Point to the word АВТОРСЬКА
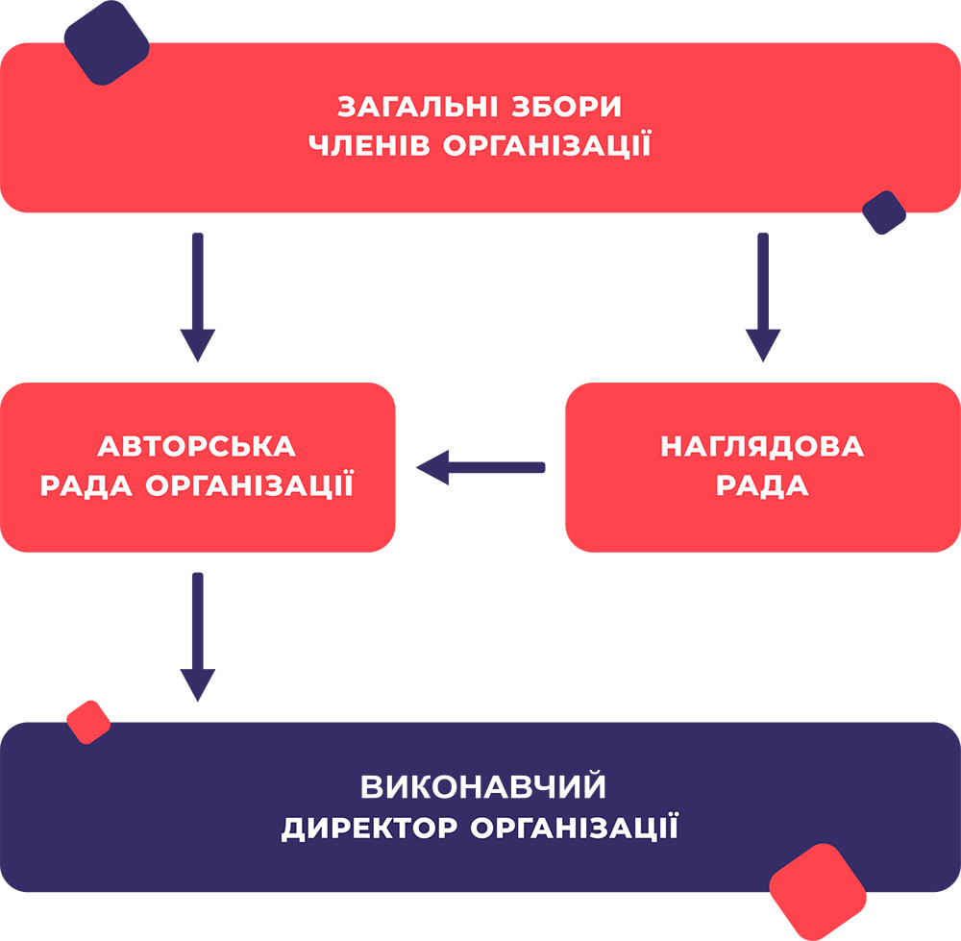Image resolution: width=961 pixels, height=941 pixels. (x=197, y=447)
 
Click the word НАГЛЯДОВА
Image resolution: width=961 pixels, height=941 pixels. (x=762, y=447)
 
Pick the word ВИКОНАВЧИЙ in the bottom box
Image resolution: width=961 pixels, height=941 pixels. (x=483, y=786)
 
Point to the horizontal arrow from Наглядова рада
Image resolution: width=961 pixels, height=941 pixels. (x=480, y=468)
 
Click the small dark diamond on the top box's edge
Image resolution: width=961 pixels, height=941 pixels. (x=884, y=212)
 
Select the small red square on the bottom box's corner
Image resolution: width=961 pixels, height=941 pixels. (x=87, y=722)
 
